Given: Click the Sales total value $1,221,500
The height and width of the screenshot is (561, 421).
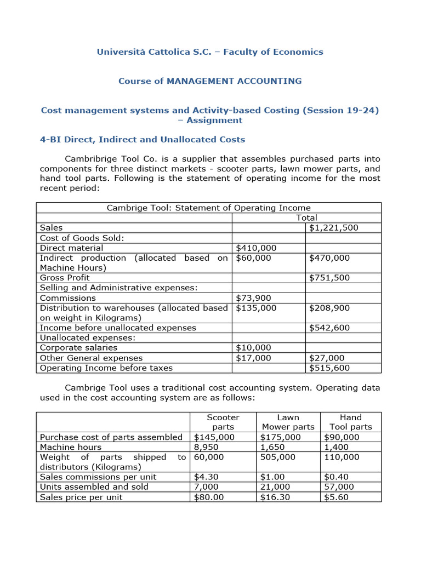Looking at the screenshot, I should (x=333, y=227).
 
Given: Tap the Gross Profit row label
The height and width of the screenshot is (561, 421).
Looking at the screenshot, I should (x=65, y=278).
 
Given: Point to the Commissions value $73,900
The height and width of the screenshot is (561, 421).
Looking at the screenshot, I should (x=253, y=298).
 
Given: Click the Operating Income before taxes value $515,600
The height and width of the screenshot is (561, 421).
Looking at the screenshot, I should (x=329, y=368).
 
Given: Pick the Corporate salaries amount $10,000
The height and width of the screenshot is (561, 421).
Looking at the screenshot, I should (x=253, y=347).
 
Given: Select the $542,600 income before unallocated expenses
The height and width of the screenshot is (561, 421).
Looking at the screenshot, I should (x=329, y=328).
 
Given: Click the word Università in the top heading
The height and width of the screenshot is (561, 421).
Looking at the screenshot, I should (x=119, y=52).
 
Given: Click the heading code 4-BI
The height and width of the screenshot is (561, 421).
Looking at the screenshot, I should (x=53, y=140).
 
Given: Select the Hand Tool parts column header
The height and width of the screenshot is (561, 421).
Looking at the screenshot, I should (x=351, y=422).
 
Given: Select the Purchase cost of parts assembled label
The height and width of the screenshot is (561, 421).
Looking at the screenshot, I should (x=111, y=437).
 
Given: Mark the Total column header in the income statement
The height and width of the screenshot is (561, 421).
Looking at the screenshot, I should (x=306, y=217).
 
